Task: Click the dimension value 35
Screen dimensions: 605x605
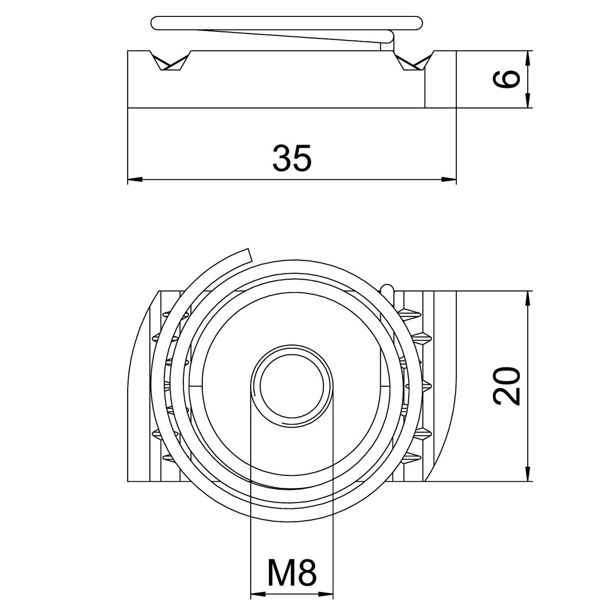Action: [x=292, y=158]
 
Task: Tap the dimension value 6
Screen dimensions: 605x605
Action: [x=506, y=79]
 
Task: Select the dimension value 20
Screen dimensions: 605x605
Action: [x=506, y=386]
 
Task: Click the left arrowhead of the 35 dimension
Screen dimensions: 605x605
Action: [x=135, y=179]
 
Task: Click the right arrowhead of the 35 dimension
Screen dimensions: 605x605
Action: [x=449, y=179]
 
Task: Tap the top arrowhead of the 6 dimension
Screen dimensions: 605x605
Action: [x=527, y=58]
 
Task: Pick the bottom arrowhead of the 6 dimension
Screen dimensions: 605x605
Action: [x=527, y=101]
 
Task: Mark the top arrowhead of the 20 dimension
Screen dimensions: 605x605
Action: [x=527, y=298]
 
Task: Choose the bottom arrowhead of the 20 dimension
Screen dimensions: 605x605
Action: [x=527, y=473]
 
